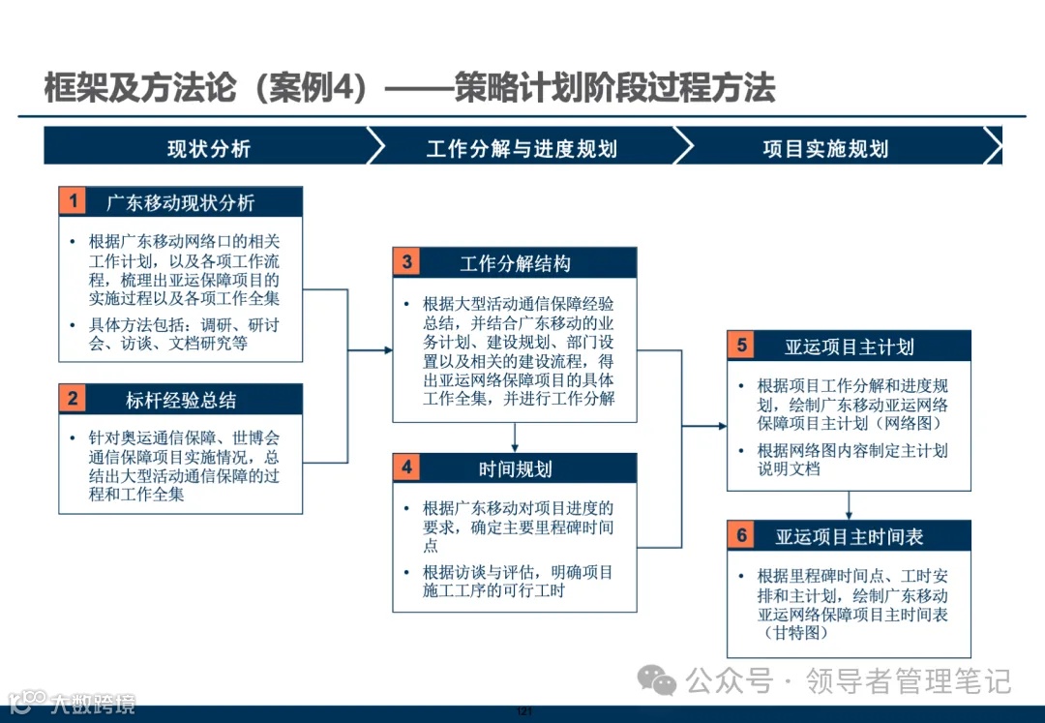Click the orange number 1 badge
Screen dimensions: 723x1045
pyautogui.click(x=73, y=201)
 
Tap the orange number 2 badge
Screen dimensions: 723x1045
pyautogui.click(x=73, y=399)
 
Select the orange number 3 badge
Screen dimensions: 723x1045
pyautogui.click(x=406, y=262)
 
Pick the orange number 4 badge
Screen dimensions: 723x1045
pyautogui.click(x=406, y=468)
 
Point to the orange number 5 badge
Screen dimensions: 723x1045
pyautogui.click(x=741, y=346)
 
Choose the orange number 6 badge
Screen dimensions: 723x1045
pyautogui.click(x=741, y=535)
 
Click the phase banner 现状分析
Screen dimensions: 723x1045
pyautogui.click(x=208, y=147)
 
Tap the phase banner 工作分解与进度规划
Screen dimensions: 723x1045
pyautogui.click(x=522, y=147)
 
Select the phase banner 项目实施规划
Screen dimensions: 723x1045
pyautogui.click(x=825, y=147)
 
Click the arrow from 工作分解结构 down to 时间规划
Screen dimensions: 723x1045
pyautogui.click(x=515, y=437)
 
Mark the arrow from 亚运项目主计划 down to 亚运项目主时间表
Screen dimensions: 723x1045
pyautogui.click(x=849, y=506)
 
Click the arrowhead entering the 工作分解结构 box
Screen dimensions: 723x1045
pyautogui.click(x=387, y=349)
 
